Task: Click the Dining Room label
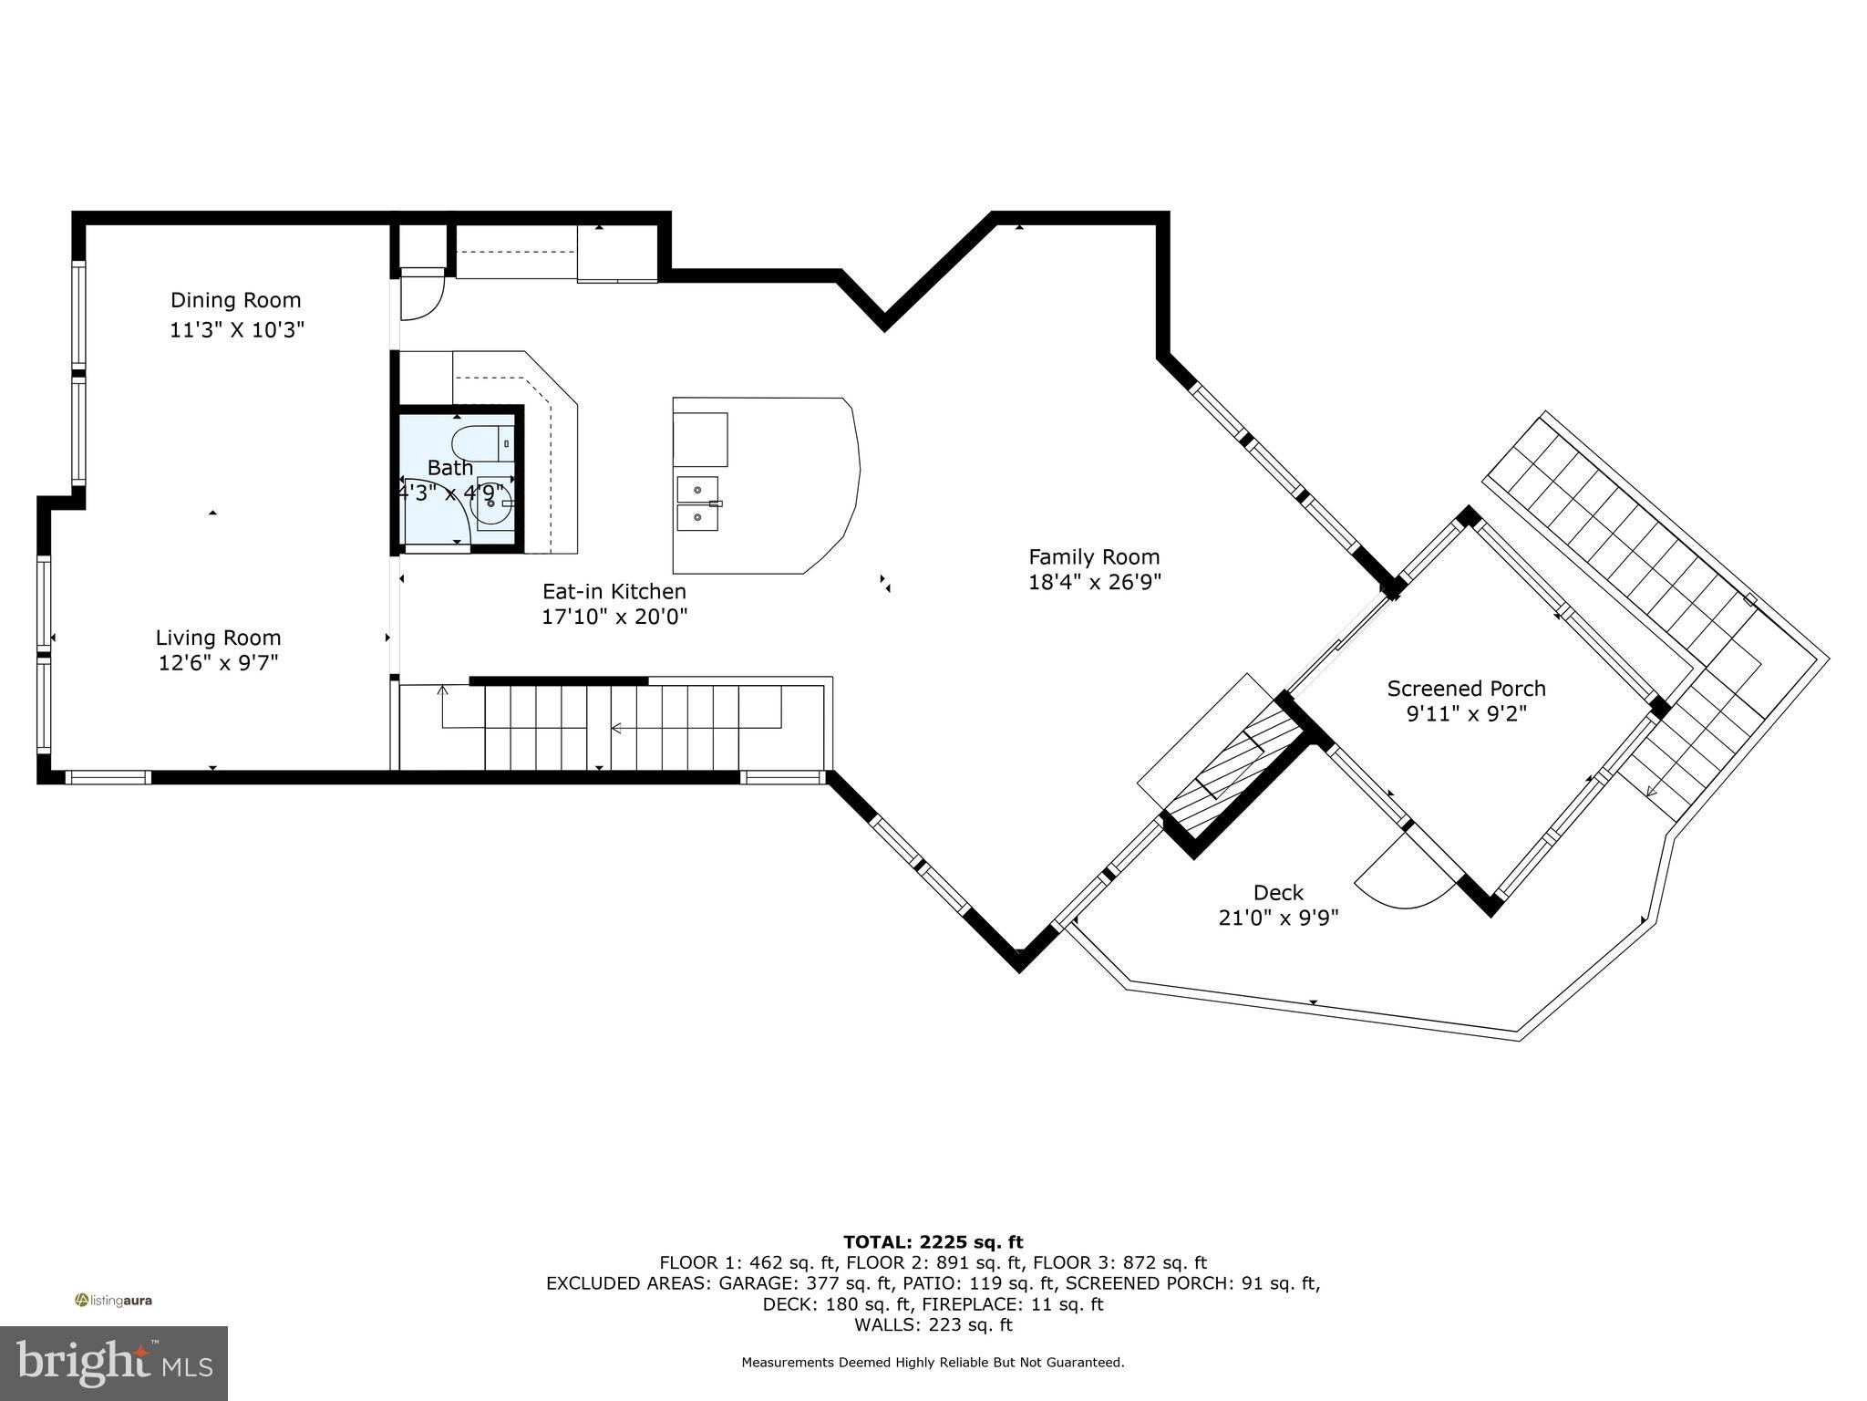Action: pyautogui.click(x=235, y=300)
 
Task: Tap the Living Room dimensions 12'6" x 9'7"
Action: pyautogui.click(x=218, y=662)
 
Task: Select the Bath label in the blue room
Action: pyautogui.click(x=449, y=468)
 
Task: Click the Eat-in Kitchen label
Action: pyautogui.click(x=614, y=591)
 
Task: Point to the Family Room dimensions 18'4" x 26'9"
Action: pyautogui.click(x=1094, y=581)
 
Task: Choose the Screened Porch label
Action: pyautogui.click(x=1466, y=689)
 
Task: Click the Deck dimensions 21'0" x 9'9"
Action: pyautogui.click(x=1278, y=918)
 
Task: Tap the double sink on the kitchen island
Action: pyautogui.click(x=696, y=503)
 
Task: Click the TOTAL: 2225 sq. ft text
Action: pyautogui.click(x=933, y=1242)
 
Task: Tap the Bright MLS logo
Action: pyautogui.click(x=113, y=1364)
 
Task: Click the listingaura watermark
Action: pyautogui.click(x=113, y=1301)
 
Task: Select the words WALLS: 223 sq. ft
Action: pyautogui.click(x=933, y=1325)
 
